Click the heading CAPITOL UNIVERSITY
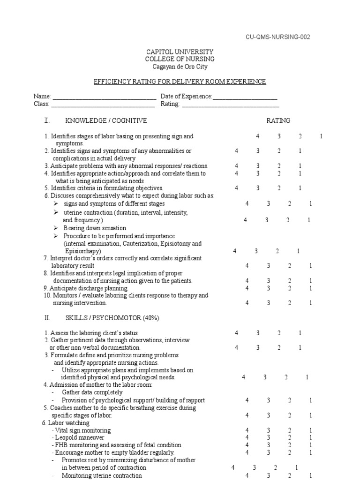point(180,52)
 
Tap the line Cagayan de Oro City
point(180,67)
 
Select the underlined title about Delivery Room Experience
point(180,82)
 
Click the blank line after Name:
point(104,97)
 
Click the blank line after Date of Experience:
point(245,97)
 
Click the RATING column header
point(278,121)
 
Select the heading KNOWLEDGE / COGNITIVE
point(106,121)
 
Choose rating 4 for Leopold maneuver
point(247,438)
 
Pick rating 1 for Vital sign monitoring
point(311,430)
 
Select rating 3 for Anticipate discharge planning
point(269,288)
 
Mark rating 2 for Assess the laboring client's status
point(279,333)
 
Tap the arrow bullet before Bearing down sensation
point(55,228)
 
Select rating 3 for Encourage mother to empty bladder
point(269,453)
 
